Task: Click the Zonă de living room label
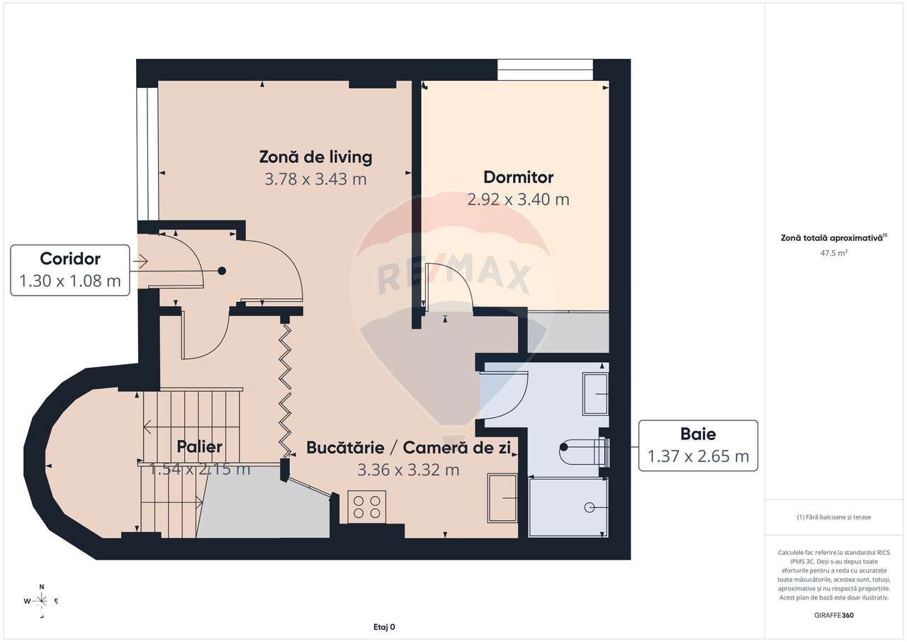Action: [315, 157]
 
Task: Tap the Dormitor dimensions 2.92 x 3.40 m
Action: [518, 200]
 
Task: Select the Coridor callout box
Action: [70, 270]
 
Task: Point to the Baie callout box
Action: [698, 445]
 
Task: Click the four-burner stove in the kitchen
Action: [367, 507]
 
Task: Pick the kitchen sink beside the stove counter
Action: [502, 498]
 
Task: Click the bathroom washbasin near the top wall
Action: [595, 394]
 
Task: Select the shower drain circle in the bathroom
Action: [590, 507]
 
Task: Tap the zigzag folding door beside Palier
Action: [286, 390]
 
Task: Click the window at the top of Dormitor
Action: [545, 69]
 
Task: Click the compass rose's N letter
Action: [42, 587]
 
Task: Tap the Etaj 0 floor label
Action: [384, 626]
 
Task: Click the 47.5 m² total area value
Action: [834, 253]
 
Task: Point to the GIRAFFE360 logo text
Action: [834, 615]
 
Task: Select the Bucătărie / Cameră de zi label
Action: [408, 448]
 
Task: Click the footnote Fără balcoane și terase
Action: [834, 517]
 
